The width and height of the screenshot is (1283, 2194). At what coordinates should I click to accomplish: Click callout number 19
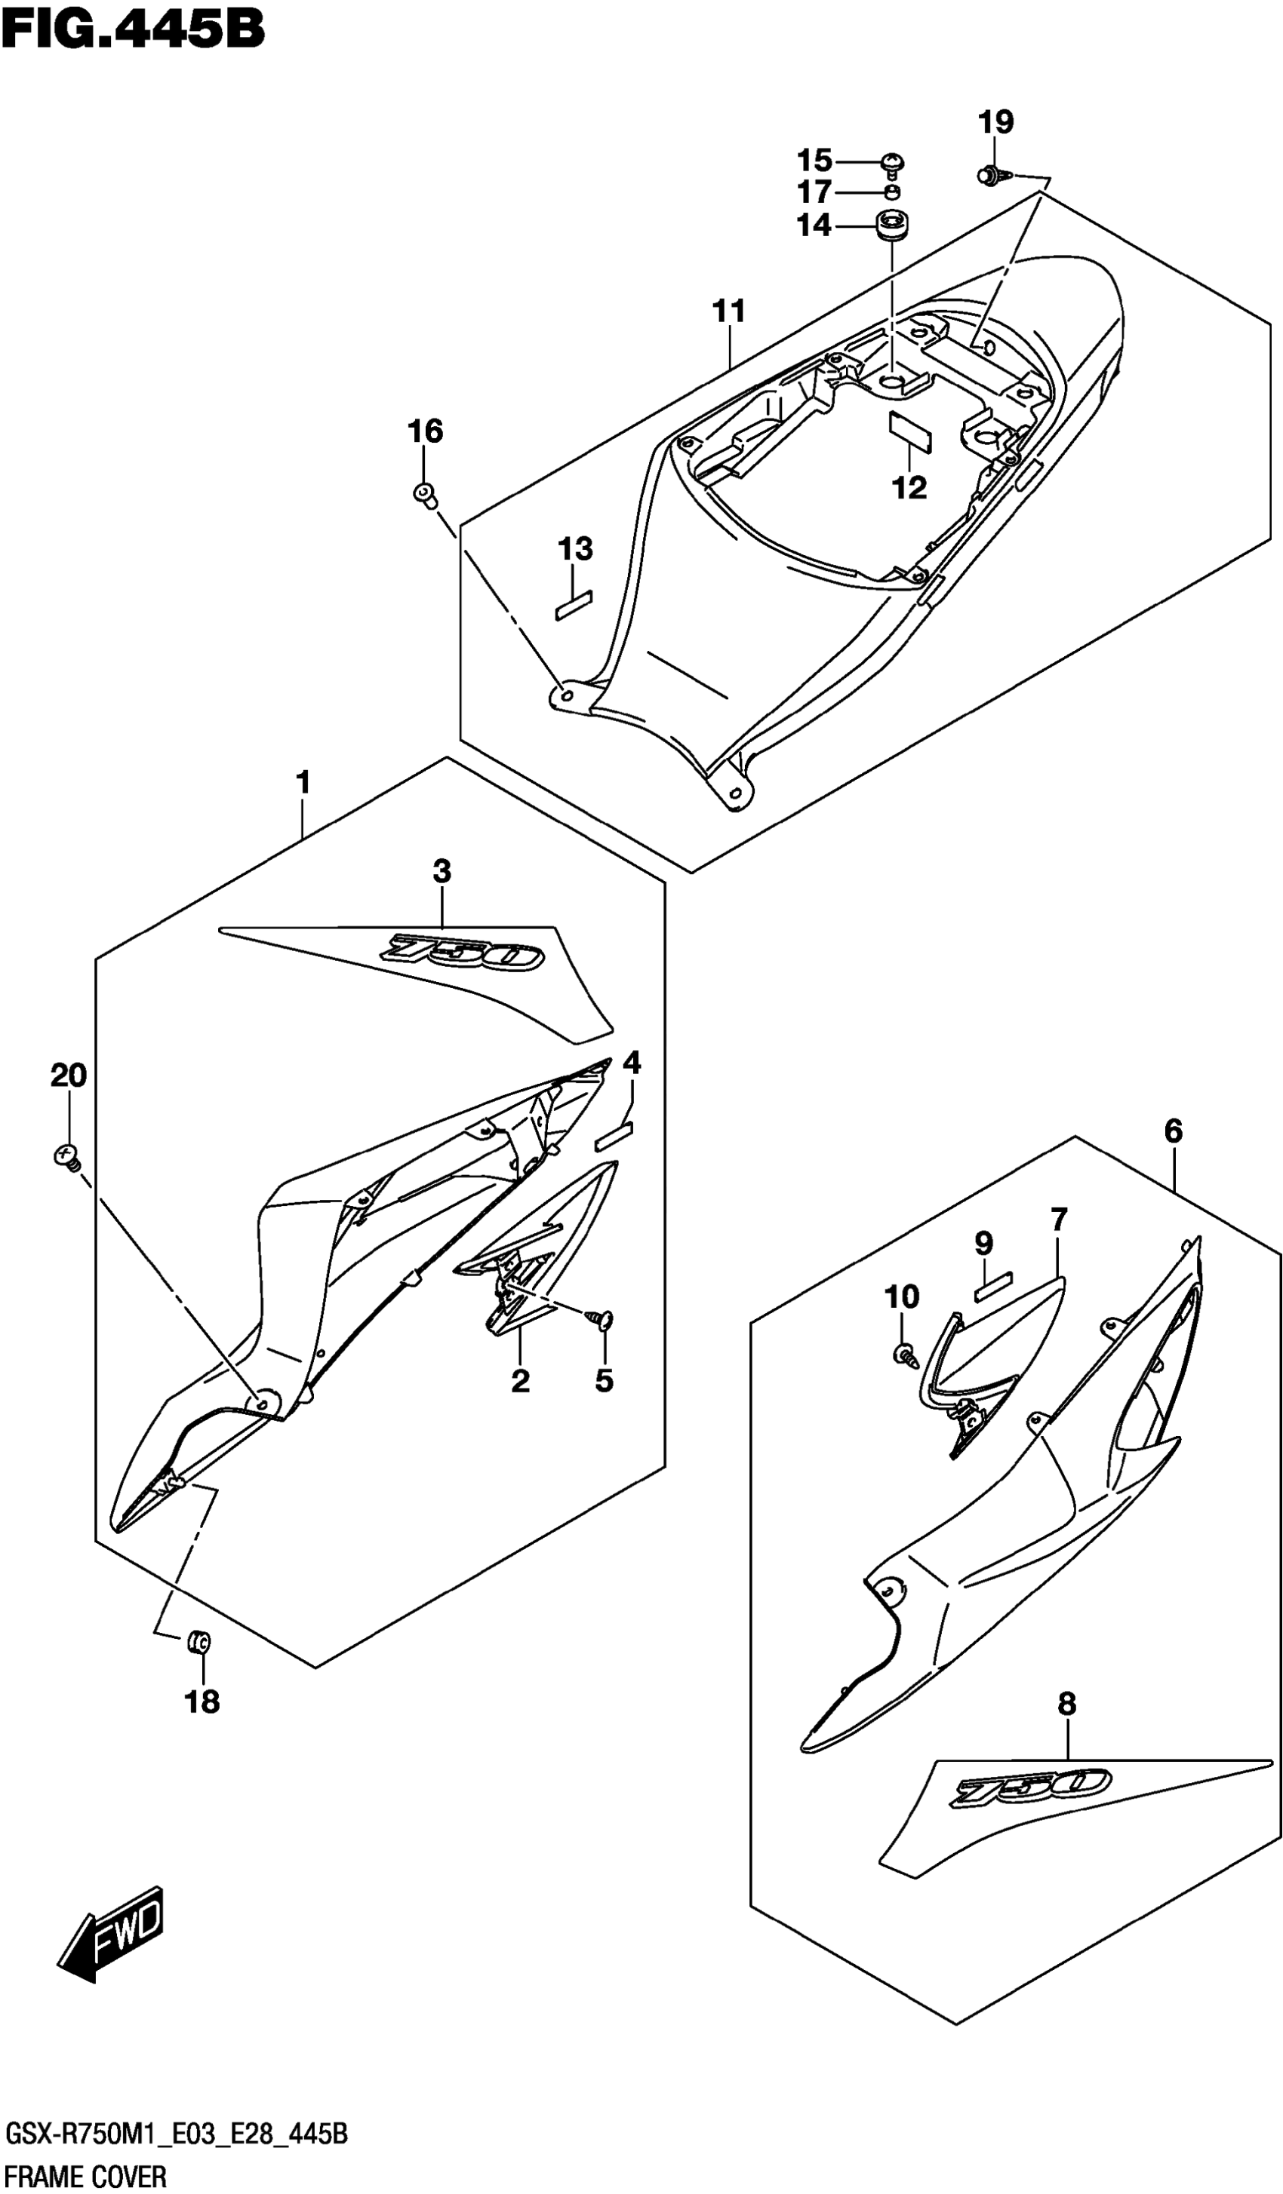tap(995, 122)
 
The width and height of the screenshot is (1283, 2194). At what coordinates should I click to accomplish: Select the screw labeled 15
tap(893, 163)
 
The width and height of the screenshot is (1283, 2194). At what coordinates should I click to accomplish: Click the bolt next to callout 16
tap(424, 495)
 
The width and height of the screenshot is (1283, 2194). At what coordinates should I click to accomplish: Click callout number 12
tap(909, 487)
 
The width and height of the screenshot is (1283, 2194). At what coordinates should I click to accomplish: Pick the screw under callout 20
tap(66, 1157)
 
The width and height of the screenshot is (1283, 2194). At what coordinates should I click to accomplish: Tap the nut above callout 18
tap(199, 1642)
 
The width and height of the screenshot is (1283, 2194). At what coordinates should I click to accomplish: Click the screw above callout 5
tap(604, 1321)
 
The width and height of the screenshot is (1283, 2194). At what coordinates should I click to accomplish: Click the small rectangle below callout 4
tap(615, 1134)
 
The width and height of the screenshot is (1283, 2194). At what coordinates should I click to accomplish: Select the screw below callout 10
tap(905, 1355)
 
